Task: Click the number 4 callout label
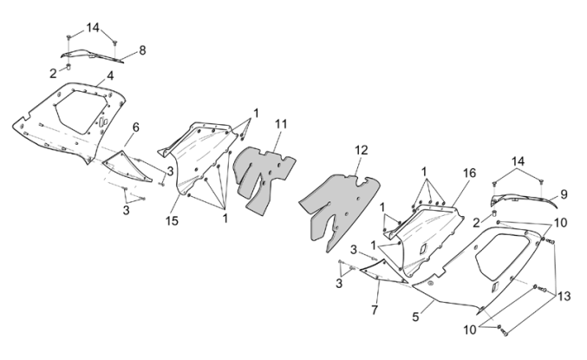111,76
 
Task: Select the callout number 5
416,317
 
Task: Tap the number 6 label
135,128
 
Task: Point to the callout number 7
375,310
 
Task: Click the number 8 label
142,49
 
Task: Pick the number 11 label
281,125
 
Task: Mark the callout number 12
361,149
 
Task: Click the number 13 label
564,296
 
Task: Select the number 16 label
469,173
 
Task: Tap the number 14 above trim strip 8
94,28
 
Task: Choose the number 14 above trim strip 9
518,161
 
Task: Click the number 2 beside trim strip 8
53,73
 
